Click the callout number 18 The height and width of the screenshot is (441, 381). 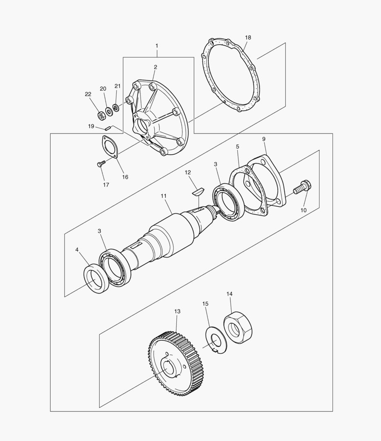pyautogui.click(x=248, y=38)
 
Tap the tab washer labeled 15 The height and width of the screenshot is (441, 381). pyautogui.click(x=216, y=340)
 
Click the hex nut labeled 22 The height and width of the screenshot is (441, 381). pyautogui.click(x=101, y=115)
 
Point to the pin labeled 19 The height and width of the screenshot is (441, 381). pyautogui.click(x=108, y=128)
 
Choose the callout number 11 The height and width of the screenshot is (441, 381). pyautogui.click(x=163, y=196)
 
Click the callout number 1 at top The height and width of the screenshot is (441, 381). pyautogui.click(x=157, y=45)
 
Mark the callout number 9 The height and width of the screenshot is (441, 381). pyautogui.click(x=264, y=139)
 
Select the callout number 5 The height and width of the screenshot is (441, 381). pyautogui.click(x=237, y=146)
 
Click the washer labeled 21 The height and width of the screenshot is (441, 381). pyautogui.click(x=116, y=107)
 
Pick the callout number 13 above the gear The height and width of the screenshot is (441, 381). pyautogui.click(x=177, y=311)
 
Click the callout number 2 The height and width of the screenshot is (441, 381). pyautogui.click(x=155, y=67)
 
